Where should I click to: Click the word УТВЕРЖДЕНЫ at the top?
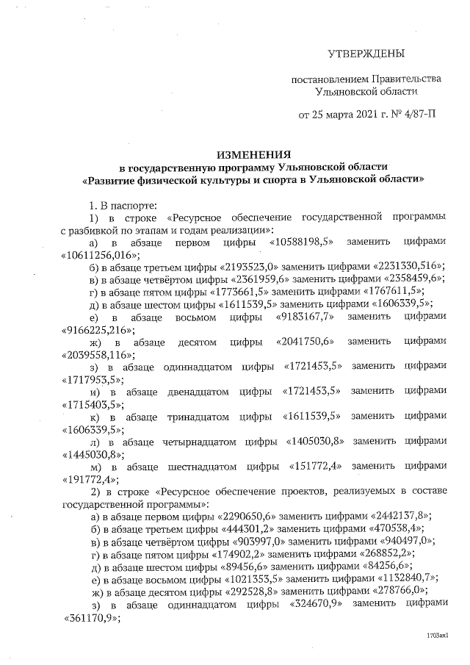click(366, 54)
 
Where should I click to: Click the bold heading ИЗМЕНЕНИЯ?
click(253, 155)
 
